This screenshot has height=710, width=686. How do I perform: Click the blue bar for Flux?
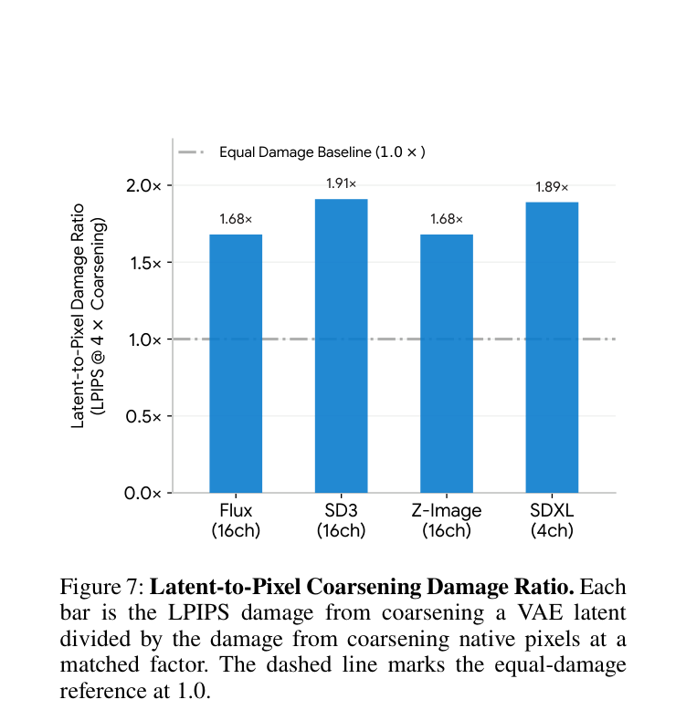pyautogui.click(x=236, y=363)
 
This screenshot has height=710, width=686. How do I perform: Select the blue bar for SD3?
pyautogui.click(x=342, y=346)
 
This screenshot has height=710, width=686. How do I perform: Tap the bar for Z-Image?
pyautogui.click(x=447, y=363)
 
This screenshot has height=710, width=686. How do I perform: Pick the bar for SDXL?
pyautogui.click(x=552, y=348)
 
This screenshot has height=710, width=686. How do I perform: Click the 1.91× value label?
pyautogui.click(x=342, y=183)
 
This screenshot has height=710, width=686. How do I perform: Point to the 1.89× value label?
pyautogui.click(x=552, y=187)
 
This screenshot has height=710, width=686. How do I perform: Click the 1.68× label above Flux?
pyautogui.click(x=236, y=219)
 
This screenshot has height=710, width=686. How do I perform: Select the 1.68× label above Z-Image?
pyautogui.click(x=447, y=219)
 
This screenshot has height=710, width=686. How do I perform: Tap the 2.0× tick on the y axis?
pyautogui.click(x=143, y=185)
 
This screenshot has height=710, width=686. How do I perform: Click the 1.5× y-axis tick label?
pyautogui.click(x=145, y=263)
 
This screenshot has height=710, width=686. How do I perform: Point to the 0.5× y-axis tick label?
pyautogui.click(x=143, y=416)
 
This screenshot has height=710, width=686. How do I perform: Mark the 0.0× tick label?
pyautogui.click(x=142, y=493)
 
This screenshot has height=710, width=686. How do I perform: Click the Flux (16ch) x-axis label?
pyautogui.click(x=236, y=520)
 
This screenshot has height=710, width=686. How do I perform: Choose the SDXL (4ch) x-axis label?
pyautogui.click(x=552, y=520)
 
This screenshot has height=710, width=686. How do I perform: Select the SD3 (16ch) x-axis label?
pyautogui.click(x=342, y=520)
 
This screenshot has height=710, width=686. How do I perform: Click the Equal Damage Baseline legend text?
pyautogui.click(x=322, y=152)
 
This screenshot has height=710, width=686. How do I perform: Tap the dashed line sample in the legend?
pyautogui.click(x=191, y=152)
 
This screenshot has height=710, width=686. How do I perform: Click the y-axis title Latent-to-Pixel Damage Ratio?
pyautogui.click(x=78, y=316)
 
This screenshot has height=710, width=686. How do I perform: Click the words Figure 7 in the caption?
pyautogui.click(x=102, y=587)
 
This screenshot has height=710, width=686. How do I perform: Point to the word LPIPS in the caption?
pyautogui.click(x=198, y=612)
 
